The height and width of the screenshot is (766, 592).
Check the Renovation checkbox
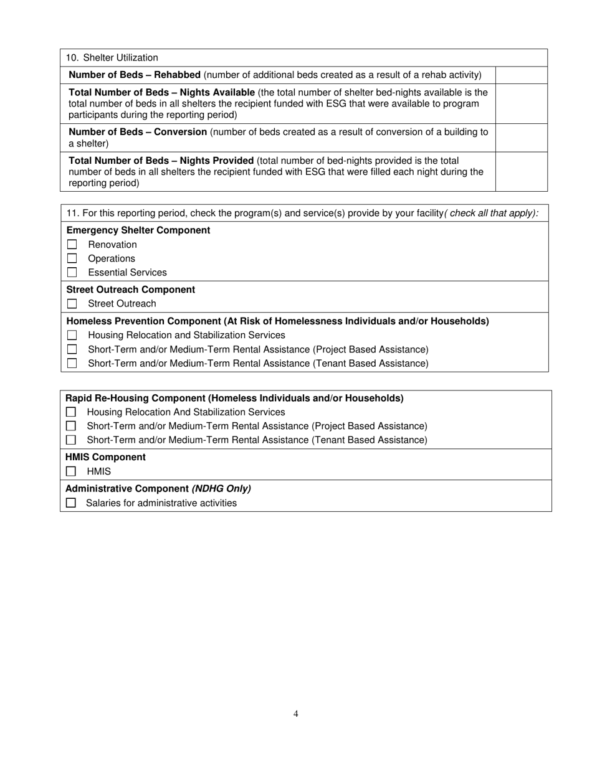point(72,245)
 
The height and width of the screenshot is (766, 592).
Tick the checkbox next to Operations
point(72,258)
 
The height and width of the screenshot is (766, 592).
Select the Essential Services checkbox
point(72,272)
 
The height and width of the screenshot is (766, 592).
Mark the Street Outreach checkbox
point(72,304)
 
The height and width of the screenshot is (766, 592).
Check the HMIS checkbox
point(71,471)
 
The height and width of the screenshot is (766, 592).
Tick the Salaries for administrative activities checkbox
point(71,503)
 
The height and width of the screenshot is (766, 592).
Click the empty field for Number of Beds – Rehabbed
point(521,75)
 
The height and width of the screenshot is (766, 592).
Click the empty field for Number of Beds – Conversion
point(521,138)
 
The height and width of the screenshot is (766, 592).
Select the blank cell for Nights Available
point(521,103)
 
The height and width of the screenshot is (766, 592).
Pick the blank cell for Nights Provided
point(521,171)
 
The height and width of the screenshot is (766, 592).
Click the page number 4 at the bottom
point(296,714)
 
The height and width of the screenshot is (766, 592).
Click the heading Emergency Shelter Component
point(138,230)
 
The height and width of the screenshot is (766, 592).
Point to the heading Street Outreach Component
point(131,290)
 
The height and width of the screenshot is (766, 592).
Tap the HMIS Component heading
point(105,457)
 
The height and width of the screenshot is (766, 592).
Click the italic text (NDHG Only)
point(221,488)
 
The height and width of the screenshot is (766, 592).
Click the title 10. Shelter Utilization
point(112,58)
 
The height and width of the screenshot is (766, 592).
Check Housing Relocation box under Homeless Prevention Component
point(72,335)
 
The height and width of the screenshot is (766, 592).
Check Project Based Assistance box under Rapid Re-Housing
point(71,426)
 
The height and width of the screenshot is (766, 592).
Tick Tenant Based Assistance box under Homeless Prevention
point(72,363)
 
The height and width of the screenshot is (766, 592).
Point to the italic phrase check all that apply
point(491,213)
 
